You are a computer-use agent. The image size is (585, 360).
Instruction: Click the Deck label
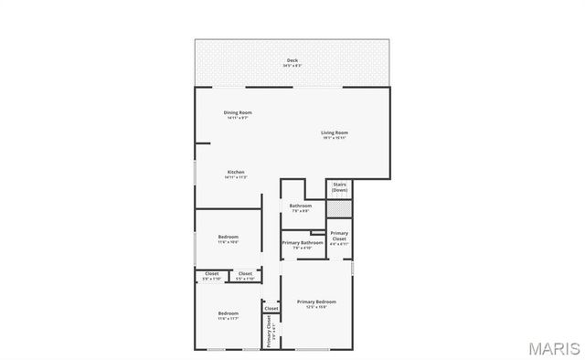(292, 60)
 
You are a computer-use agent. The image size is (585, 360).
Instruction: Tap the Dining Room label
(238, 112)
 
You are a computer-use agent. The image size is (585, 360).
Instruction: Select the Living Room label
(335, 132)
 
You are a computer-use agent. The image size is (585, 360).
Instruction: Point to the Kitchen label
(236, 172)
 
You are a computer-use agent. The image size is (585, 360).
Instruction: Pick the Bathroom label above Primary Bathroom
(301, 206)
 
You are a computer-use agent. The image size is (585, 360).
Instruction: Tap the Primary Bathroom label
(303, 242)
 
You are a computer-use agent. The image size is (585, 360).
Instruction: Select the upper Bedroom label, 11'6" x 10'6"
(229, 238)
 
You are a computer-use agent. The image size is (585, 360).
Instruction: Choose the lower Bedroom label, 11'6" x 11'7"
(229, 313)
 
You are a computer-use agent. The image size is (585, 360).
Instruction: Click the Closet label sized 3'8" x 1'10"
(212, 273)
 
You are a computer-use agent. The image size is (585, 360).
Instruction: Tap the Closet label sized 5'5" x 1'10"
(245, 273)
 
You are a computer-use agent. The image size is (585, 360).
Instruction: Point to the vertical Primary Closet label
(270, 332)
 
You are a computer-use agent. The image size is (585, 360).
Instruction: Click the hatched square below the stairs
(339, 209)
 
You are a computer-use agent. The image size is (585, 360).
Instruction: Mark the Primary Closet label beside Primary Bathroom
(339, 236)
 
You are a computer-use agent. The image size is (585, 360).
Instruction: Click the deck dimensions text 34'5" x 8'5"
(292, 66)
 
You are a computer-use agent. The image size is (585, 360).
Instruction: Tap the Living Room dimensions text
(335, 138)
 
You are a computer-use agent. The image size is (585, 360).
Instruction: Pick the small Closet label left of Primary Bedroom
(271, 309)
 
